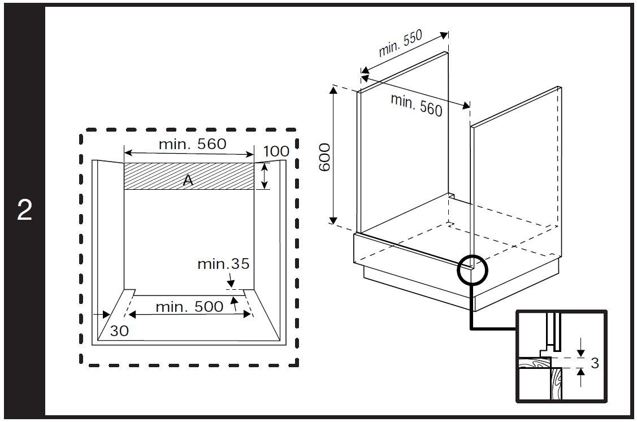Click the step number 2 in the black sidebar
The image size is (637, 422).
[24, 210]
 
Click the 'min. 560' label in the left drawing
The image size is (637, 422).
[192, 144]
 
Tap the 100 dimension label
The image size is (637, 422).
[276, 151]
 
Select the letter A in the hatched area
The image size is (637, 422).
[188, 180]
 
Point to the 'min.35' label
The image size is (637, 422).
[223, 264]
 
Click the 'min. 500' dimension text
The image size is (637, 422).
[190, 307]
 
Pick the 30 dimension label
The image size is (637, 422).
[119, 331]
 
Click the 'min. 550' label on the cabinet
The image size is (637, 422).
[401, 43]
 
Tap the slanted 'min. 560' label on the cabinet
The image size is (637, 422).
[417, 105]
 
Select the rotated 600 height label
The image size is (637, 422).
[324, 157]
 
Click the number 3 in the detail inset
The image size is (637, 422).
[595, 363]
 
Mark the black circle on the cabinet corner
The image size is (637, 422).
[472, 269]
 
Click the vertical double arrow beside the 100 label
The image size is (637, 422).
[265, 176]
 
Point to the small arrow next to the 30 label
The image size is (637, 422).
[102, 314]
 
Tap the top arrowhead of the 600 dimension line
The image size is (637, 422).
[333, 90]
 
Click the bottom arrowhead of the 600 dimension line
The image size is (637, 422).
[333, 220]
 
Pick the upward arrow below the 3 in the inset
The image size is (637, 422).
[581, 377]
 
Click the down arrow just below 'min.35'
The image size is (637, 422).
[231, 281]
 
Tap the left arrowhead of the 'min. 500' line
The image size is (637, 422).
[132, 314]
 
